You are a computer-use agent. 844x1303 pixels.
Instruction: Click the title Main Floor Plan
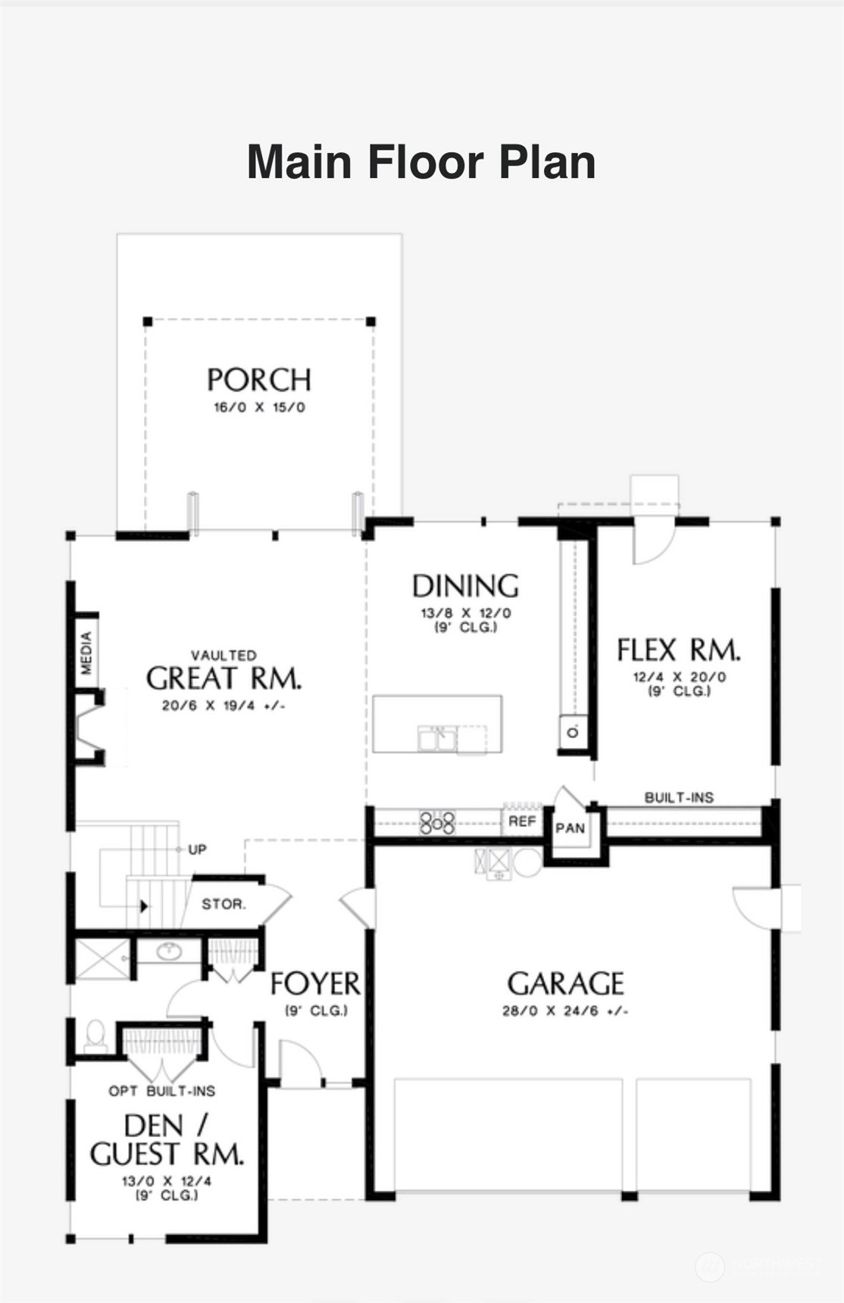[421, 162]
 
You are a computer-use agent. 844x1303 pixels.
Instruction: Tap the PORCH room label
[259, 379]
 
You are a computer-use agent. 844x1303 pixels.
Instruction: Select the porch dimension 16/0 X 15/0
[259, 407]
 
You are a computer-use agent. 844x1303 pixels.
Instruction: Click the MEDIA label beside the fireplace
[86, 652]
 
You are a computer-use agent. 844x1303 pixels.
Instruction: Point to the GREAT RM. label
[224, 678]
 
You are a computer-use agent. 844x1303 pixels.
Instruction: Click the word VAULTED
[224, 655]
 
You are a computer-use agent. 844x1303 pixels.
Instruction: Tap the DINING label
[465, 586]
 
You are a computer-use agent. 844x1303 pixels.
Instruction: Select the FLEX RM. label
[678, 650]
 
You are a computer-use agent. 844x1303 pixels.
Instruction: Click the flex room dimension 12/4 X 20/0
[680, 677]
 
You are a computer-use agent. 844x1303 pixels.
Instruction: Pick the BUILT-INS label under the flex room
[679, 797]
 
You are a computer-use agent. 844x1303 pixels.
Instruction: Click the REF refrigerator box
[522, 821]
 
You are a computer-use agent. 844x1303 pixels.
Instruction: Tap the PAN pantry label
[570, 828]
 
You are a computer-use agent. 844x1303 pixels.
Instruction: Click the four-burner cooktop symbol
[437, 822]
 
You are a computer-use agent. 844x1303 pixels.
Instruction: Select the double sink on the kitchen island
[437, 738]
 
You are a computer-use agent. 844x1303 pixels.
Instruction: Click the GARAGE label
[565, 983]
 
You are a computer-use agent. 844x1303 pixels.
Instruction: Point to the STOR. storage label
[224, 904]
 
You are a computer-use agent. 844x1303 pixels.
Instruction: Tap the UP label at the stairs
[197, 849]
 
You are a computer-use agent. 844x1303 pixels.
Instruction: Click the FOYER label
[315, 983]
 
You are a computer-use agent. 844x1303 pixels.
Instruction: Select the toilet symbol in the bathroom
[95, 1036]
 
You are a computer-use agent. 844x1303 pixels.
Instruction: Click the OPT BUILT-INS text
[162, 1091]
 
